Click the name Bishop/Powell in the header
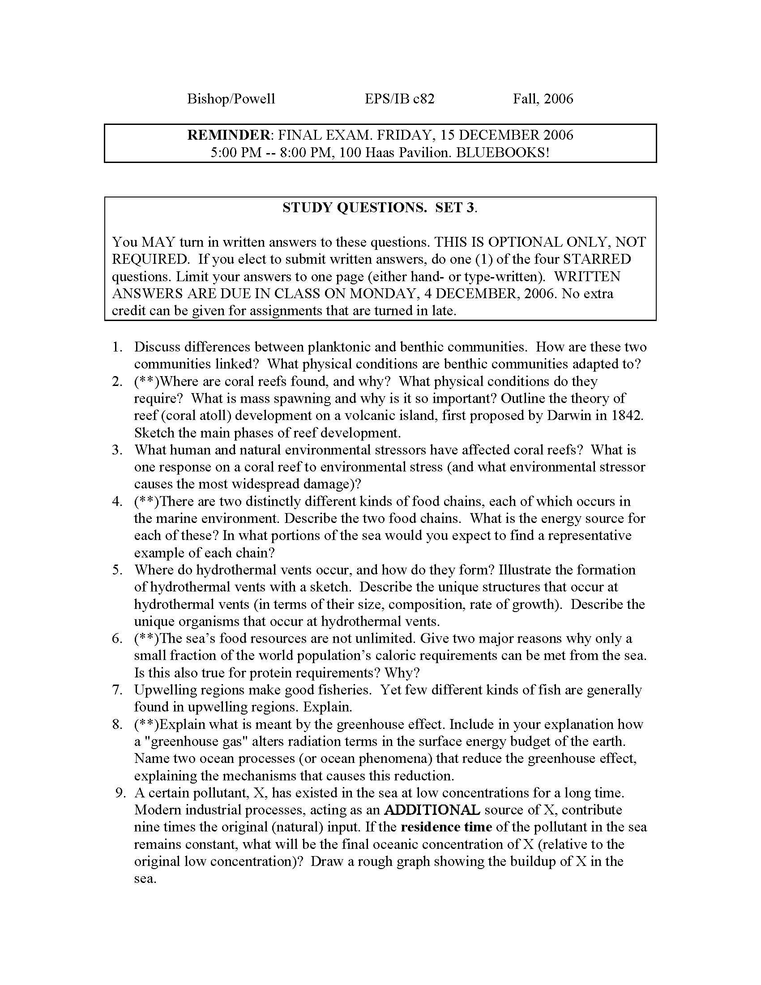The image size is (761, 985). [231, 99]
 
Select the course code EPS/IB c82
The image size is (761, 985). [399, 99]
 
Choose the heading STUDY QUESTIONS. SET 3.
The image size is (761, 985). [380, 207]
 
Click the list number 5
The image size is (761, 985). [118, 570]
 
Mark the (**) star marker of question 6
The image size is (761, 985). [146, 638]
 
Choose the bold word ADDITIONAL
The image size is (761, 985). [432, 809]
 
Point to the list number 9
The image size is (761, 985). [120, 792]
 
